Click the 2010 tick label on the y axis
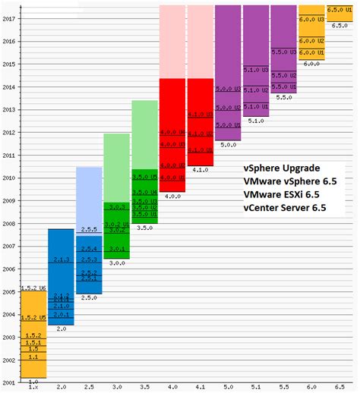[x=9, y=179]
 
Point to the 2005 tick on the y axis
[x=9, y=292]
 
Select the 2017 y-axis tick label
[x=9, y=20]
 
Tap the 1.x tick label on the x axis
[x=33, y=386]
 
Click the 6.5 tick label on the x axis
[x=339, y=386]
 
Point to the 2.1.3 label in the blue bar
[x=61, y=259]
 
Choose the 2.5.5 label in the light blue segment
[x=89, y=229]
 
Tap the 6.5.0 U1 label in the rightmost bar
[x=339, y=8]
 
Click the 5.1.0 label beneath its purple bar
[x=255, y=120]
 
